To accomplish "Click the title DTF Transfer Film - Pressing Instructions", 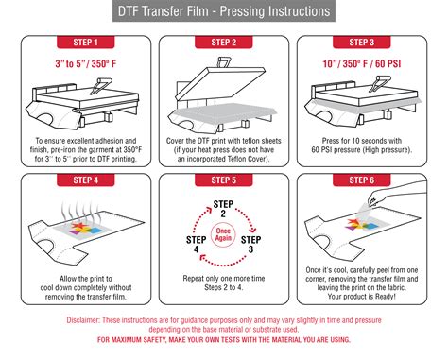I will (x=224, y=12).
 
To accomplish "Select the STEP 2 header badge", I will (x=223, y=43).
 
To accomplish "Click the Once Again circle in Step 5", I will (x=223, y=232).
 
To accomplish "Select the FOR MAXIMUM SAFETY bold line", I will (x=223, y=340).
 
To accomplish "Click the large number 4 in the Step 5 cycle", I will (x=196, y=249).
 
